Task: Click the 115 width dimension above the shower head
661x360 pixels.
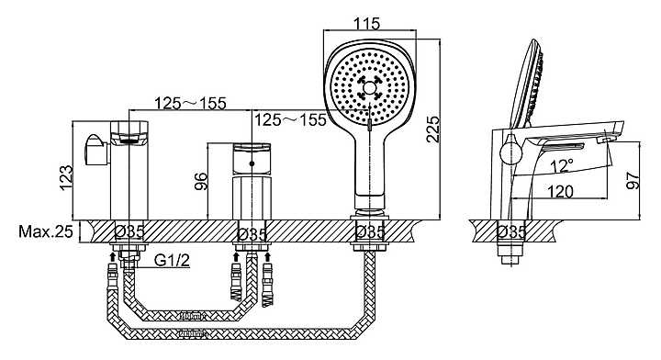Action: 365,23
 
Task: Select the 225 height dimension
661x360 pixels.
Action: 433,129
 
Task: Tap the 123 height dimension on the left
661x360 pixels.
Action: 67,177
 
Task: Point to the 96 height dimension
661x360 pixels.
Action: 203,182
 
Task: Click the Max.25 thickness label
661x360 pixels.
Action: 46,231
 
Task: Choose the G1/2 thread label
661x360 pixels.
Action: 172,261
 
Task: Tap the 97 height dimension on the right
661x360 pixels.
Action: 633,179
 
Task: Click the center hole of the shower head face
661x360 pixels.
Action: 369,88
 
